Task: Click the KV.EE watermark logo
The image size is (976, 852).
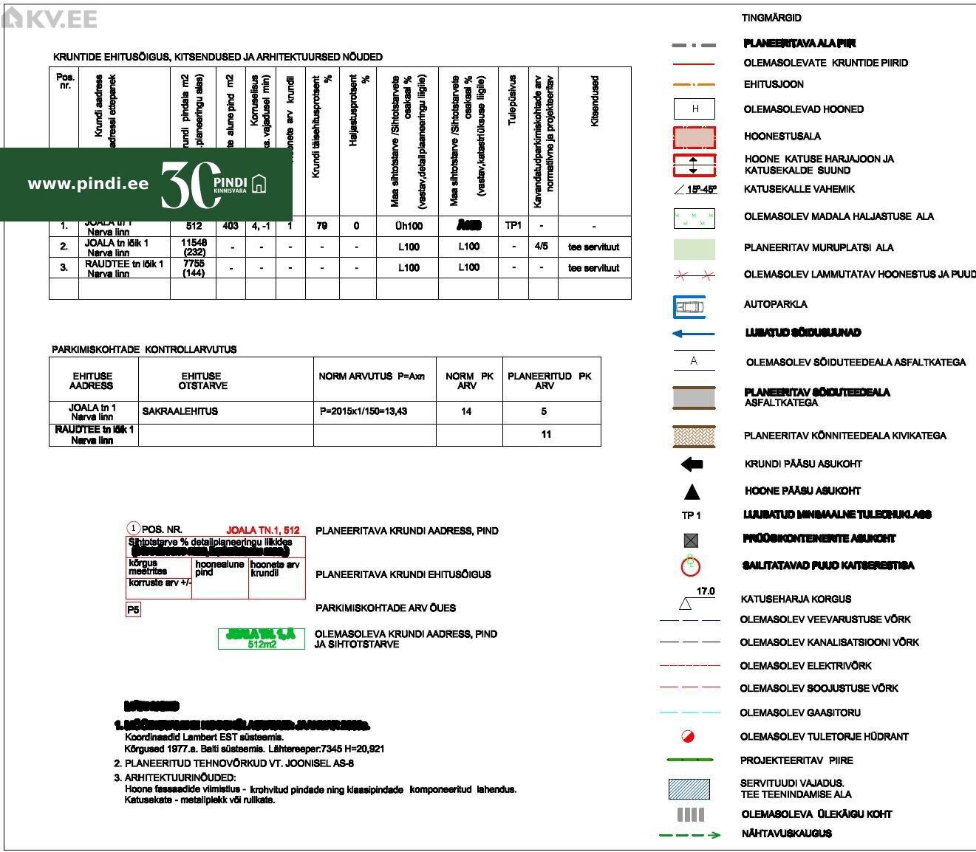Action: click(x=50, y=18)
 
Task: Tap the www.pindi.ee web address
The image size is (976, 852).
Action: click(x=88, y=184)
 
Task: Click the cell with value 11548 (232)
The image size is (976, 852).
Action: click(x=194, y=247)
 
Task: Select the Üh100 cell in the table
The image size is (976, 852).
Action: click(x=409, y=226)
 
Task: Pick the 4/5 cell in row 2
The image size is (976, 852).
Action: click(x=542, y=247)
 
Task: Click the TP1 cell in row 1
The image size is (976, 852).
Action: click(x=513, y=226)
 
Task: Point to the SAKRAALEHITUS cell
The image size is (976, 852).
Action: click(x=180, y=411)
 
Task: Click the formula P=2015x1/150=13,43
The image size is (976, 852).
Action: click(x=364, y=411)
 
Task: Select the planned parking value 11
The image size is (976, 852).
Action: click(x=546, y=434)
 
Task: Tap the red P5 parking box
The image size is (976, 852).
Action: click(x=133, y=610)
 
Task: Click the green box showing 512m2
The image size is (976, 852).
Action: click(x=262, y=639)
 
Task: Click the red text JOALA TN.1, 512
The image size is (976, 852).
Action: click(x=263, y=530)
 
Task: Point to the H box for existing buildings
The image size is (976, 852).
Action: click(x=695, y=109)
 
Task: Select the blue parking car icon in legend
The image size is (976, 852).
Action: click(x=689, y=306)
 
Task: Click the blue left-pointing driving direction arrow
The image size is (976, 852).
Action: click(x=693, y=334)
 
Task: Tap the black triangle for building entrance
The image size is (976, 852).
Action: click(x=692, y=492)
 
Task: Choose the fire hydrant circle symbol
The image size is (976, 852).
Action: click(x=688, y=736)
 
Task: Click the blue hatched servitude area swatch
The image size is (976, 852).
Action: click(x=689, y=789)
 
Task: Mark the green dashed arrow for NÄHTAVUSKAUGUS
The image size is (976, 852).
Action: click(x=689, y=835)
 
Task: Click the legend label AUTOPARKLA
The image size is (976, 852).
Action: click(x=775, y=304)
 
